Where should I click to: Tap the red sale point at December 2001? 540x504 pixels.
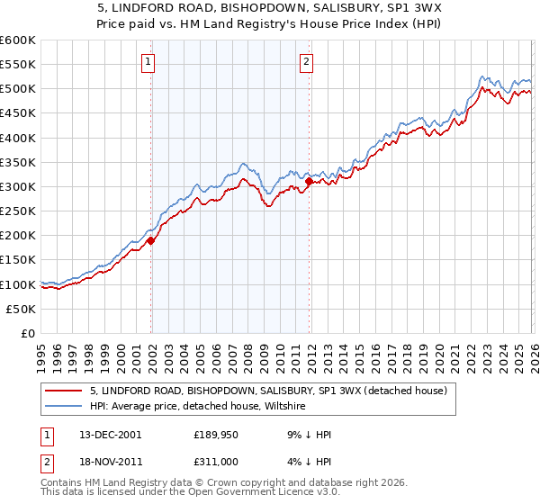(151, 240)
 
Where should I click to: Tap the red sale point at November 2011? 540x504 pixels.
(309, 181)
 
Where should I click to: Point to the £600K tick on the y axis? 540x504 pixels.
(18, 40)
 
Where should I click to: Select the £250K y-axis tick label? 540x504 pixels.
(18, 211)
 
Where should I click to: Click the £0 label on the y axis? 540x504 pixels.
(27, 333)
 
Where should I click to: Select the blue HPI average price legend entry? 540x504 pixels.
(197, 407)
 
